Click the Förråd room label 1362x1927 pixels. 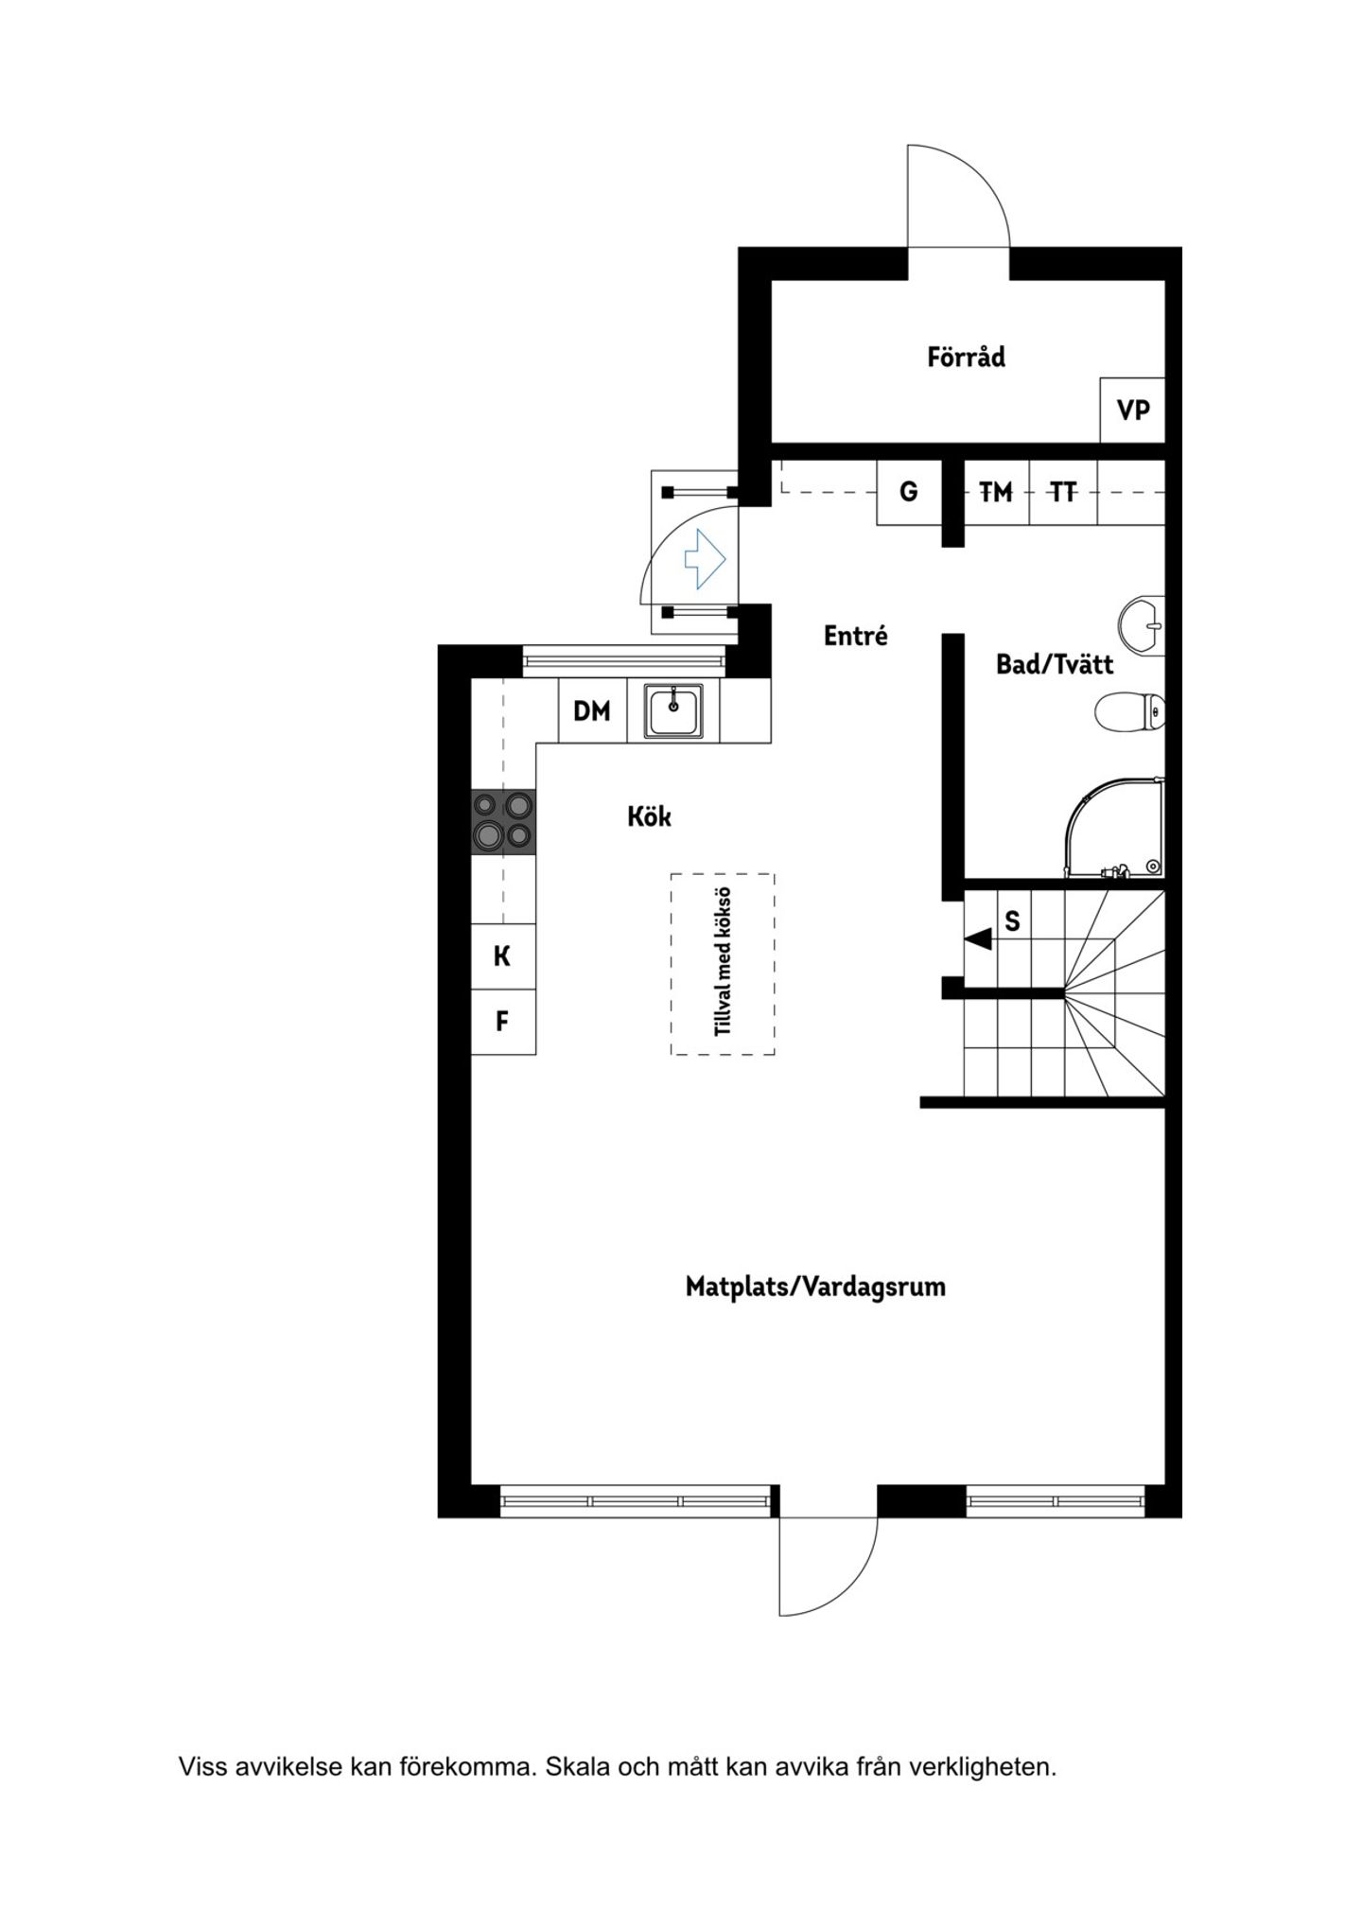[x=966, y=357]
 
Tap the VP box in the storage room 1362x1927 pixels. [x=1132, y=410]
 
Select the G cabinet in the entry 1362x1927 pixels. [x=909, y=492]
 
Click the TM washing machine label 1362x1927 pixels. [x=995, y=492]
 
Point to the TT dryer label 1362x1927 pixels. [x=1063, y=492]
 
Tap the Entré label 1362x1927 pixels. [x=855, y=636]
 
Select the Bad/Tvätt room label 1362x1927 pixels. [x=1054, y=664]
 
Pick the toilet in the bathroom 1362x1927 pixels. [x=1130, y=711]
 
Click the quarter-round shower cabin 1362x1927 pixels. [x=1115, y=828]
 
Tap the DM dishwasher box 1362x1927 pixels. [x=593, y=710]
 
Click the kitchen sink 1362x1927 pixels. [x=673, y=710]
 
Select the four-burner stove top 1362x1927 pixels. [x=503, y=822]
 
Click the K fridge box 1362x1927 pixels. [x=503, y=956]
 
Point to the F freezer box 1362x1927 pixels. [x=503, y=1022]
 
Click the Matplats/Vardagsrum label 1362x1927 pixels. [x=815, y=1287]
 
